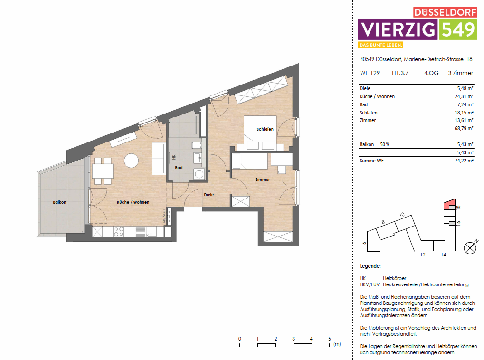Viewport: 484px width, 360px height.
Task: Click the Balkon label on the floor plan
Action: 59,202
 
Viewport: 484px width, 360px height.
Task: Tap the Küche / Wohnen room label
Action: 133,202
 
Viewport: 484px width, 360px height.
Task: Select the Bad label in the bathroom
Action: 179,168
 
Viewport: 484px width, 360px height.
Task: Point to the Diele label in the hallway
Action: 209,195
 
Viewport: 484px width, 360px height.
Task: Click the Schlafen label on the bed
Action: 265,129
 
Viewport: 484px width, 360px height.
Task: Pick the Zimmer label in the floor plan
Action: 262,180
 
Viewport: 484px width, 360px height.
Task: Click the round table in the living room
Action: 131,161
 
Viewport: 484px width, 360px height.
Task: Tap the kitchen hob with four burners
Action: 119,232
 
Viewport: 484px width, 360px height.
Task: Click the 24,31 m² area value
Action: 464,96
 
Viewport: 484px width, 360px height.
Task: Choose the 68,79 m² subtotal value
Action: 464,129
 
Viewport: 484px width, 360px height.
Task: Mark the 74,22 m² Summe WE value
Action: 464,161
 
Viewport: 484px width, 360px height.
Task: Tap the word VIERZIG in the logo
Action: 398,30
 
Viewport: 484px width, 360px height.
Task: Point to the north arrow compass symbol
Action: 470,247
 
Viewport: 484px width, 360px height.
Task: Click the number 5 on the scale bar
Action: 329,339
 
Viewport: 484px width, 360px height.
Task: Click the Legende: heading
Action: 370,266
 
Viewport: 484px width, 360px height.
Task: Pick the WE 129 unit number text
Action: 370,73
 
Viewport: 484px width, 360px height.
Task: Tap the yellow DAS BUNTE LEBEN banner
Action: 381,45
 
